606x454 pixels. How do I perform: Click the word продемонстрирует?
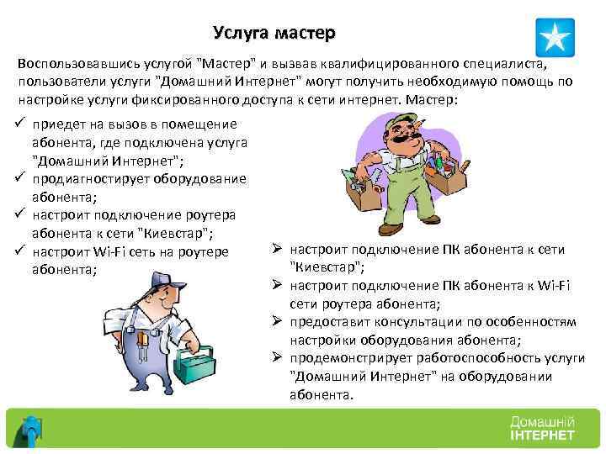[x=347, y=358]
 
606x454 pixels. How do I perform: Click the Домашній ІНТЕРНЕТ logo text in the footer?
[x=541, y=429]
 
